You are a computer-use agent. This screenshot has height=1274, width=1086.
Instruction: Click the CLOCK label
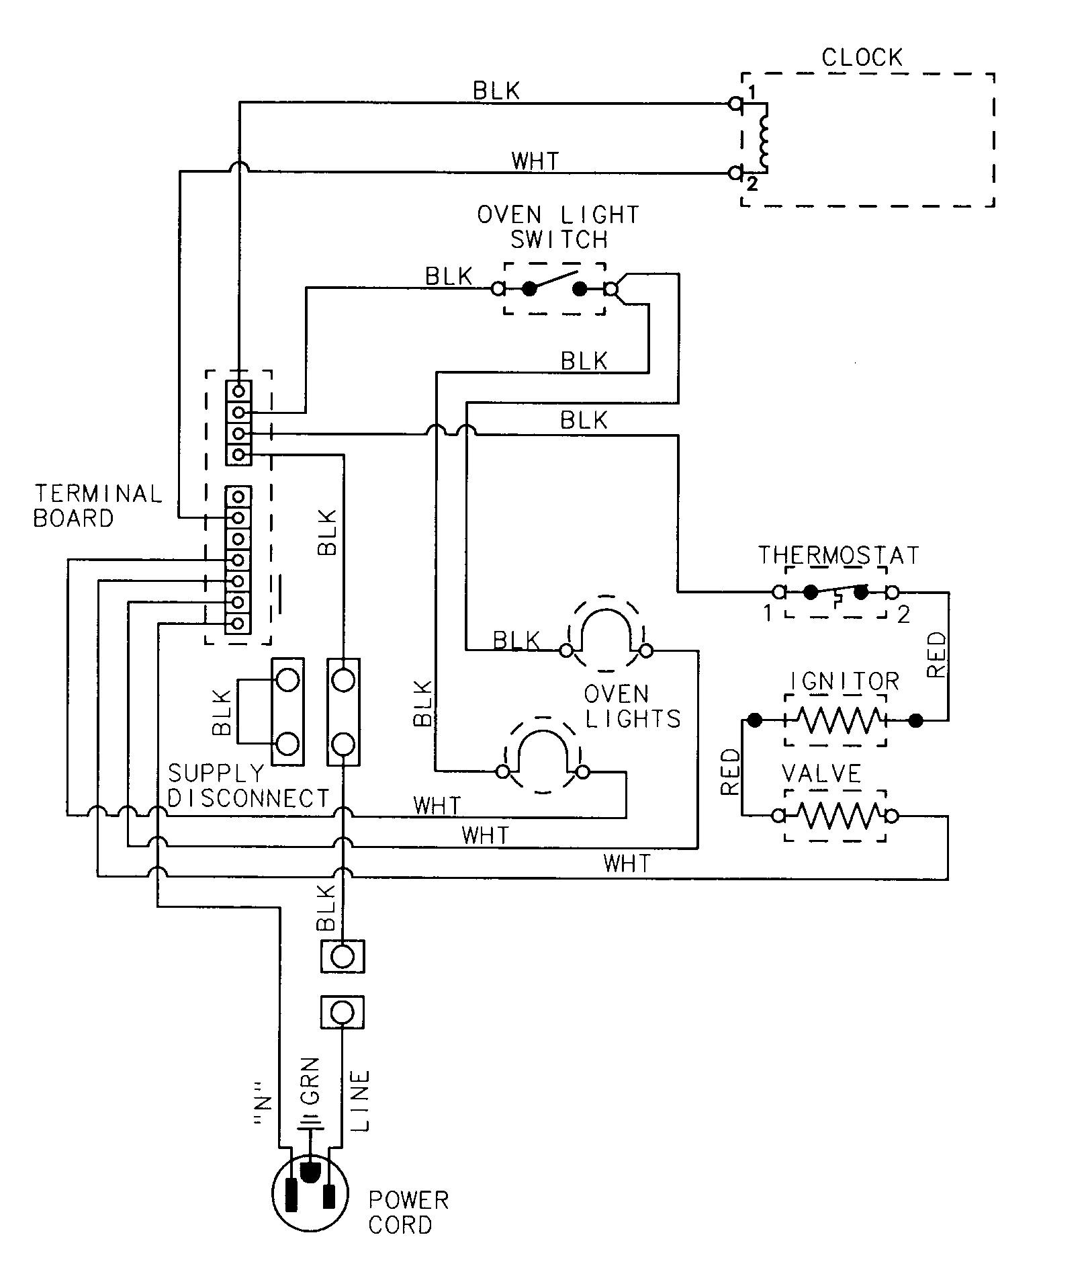(862, 58)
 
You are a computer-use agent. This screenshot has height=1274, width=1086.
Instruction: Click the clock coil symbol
(763, 138)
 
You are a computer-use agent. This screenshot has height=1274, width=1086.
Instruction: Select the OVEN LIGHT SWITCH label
(558, 227)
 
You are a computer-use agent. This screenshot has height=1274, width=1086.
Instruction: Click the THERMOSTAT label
(838, 556)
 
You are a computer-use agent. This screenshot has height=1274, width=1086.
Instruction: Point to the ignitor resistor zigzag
(835, 720)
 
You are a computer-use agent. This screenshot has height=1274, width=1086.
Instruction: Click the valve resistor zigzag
(835, 816)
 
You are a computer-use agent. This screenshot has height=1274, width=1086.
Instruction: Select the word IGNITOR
(844, 681)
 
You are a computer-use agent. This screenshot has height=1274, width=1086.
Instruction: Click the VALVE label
(821, 774)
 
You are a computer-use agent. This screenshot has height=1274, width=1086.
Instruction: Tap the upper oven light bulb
(606, 633)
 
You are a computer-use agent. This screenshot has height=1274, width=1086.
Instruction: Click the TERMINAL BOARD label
(98, 506)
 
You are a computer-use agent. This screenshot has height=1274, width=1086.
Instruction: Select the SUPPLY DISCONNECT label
(248, 785)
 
